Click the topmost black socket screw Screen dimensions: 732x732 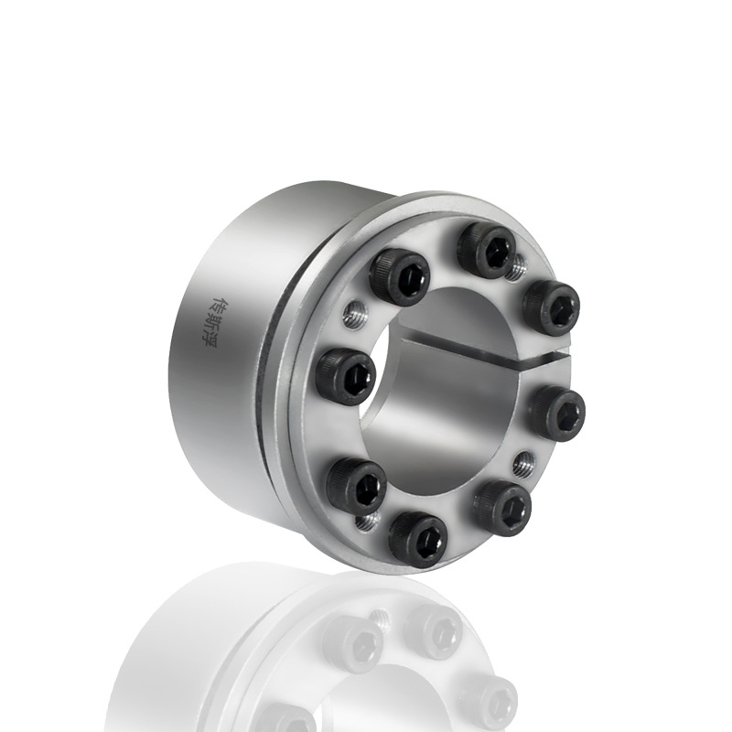[487, 250]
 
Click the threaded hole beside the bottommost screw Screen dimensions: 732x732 [367, 522]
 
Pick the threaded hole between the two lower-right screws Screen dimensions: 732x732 [522, 463]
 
